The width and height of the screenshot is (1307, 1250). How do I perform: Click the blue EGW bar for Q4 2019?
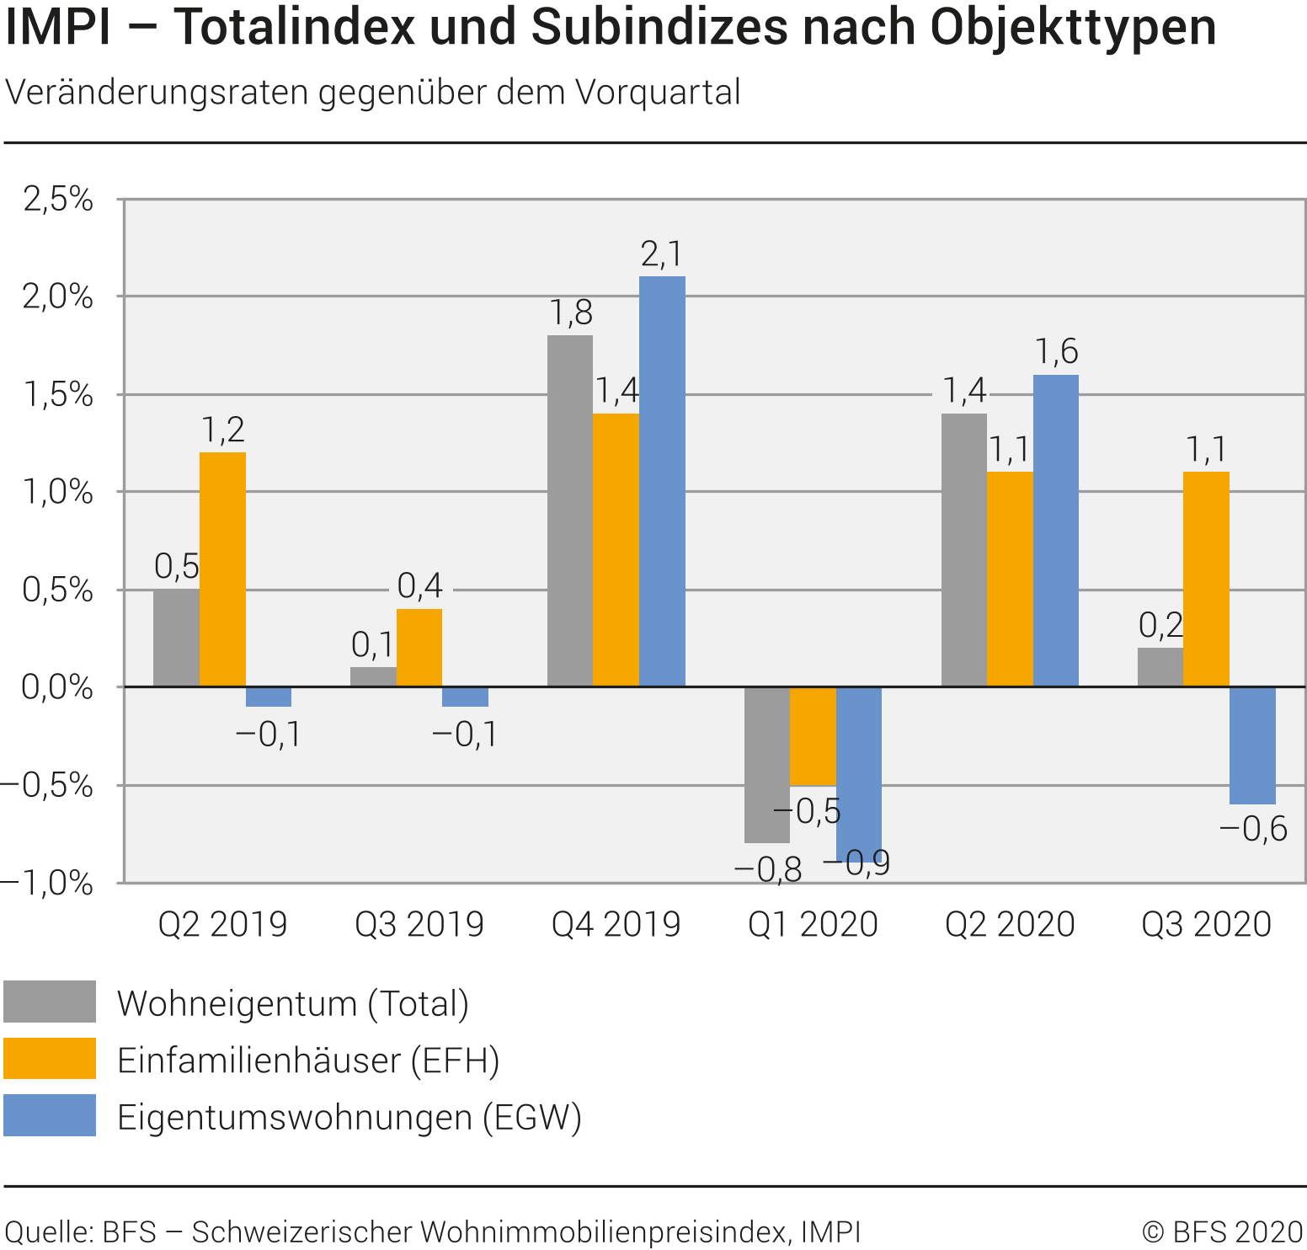point(662,481)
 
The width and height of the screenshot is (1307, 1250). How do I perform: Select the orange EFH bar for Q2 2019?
point(222,569)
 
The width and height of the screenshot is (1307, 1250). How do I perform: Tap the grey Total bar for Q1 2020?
point(766,765)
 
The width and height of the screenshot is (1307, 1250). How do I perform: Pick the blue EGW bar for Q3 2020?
point(1252,745)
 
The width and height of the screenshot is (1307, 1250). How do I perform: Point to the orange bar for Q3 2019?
point(419,648)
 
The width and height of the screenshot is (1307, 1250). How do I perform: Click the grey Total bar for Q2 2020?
point(963,550)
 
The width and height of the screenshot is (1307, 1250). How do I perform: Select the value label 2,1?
point(662,254)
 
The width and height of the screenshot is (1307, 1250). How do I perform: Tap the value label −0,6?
point(1253,830)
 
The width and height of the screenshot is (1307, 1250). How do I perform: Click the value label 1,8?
point(571,313)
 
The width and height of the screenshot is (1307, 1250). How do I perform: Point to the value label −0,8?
point(768,869)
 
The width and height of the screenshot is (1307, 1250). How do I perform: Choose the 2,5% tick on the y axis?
point(57,200)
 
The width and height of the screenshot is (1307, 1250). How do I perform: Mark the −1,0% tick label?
point(47,883)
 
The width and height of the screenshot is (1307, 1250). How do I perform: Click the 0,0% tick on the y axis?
point(57,687)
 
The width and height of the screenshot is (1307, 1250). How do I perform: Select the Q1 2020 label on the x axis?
point(813,925)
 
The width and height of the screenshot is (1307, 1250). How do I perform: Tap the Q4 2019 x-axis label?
point(616,925)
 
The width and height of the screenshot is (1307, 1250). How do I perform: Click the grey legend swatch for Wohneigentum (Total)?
point(50,1002)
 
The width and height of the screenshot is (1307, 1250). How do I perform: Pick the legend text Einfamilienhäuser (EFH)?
point(308,1060)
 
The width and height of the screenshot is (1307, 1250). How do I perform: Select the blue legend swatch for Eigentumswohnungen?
point(50,1115)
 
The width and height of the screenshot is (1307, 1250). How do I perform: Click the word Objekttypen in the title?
point(1073,27)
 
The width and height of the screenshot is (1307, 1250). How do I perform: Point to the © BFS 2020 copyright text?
point(1222,1232)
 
